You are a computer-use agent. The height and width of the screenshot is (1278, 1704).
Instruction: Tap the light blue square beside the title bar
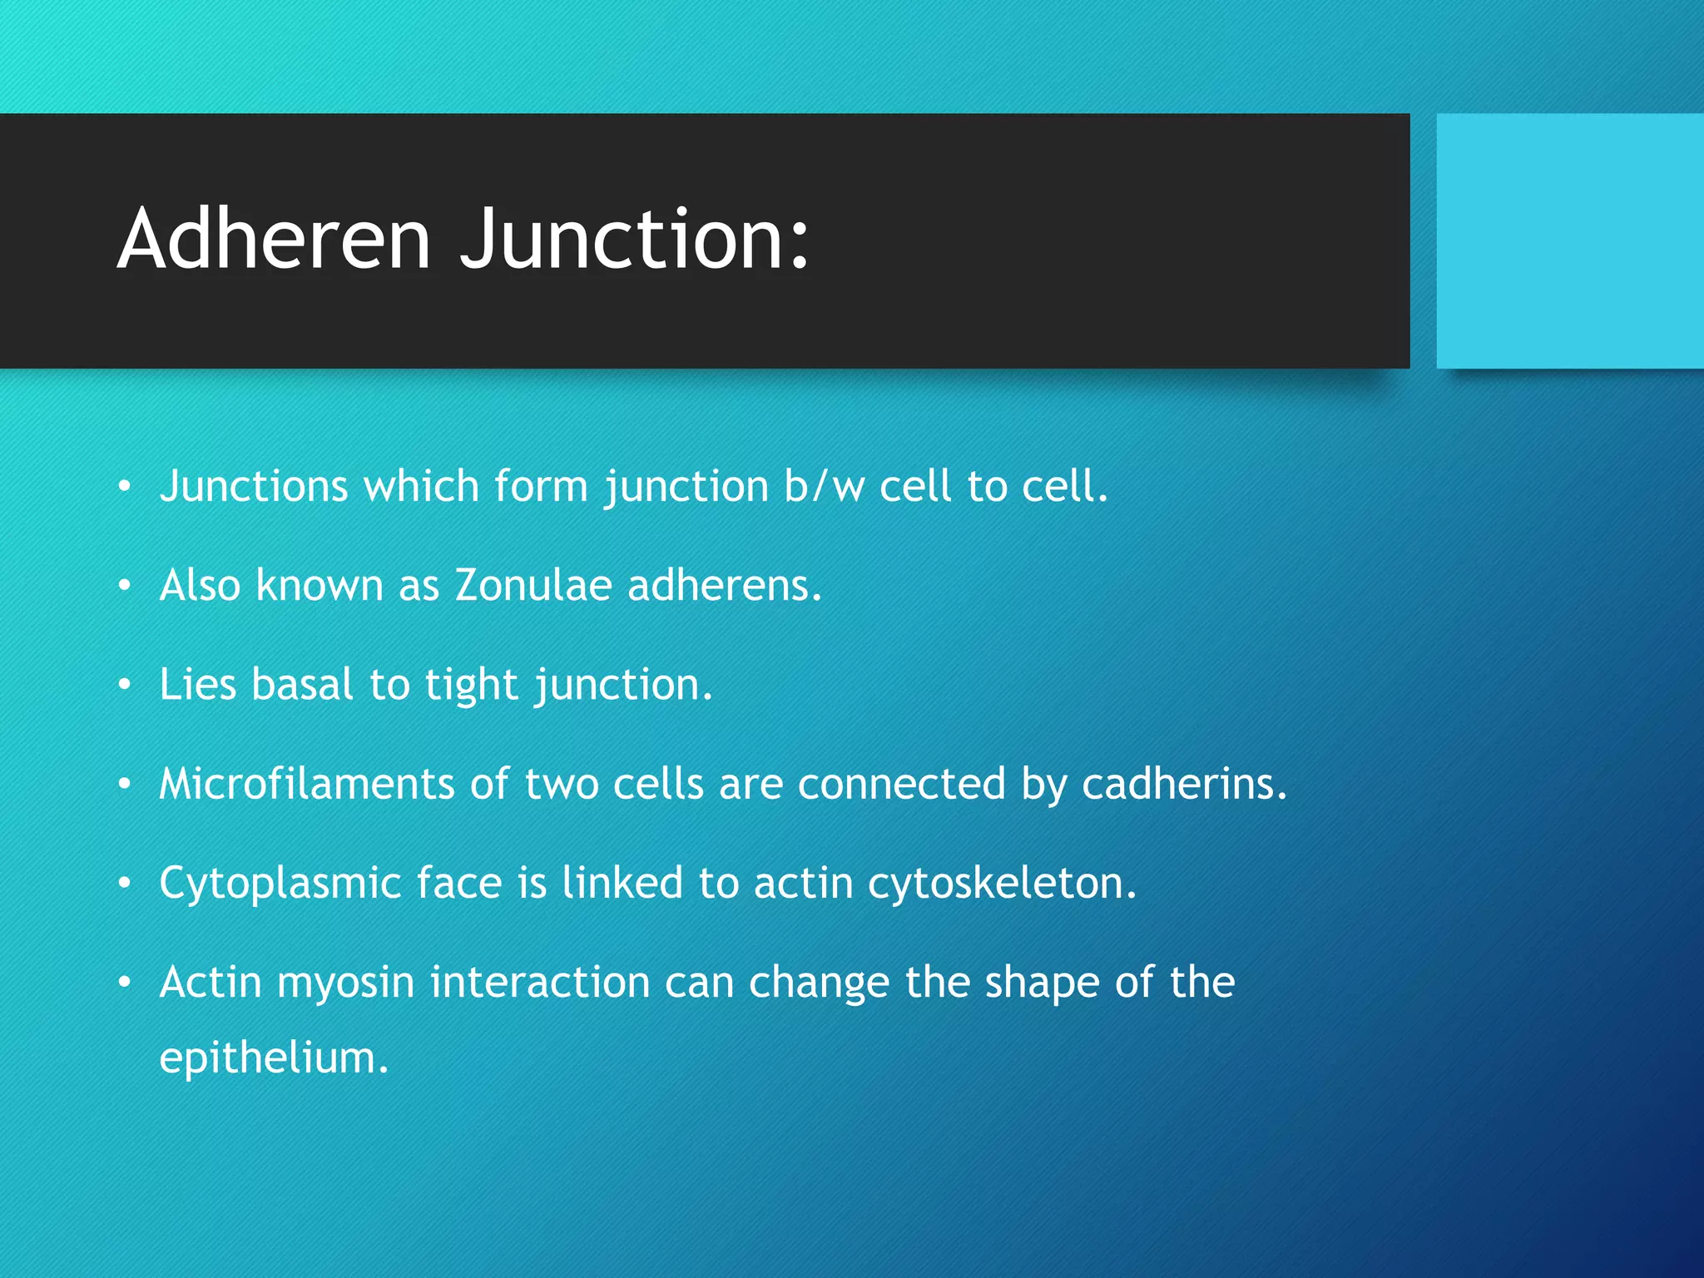pyautogui.click(x=1569, y=240)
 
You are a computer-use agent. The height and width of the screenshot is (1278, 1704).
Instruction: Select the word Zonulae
pyautogui.click(x=533, y=585)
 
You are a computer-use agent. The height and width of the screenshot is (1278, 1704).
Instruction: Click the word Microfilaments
pyautogui.click(x=306, y=784)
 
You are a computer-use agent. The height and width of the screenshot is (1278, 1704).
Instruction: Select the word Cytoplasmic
pyautogui.click(x=280, y=884)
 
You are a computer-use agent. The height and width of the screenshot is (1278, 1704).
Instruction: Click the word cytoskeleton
pyautogui.click(x=1002, y=883)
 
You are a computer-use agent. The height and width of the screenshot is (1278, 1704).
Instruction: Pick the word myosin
pyautogui.click(x=345, y=982)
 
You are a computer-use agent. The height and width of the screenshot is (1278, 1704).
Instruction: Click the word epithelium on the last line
pyautogui.click(x=274, y=1058)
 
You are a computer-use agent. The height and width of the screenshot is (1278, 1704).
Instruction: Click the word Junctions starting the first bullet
pyautogui.click(x=254, y=486)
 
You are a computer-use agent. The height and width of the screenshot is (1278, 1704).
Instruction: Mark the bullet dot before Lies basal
pyautogui.click(x=125, y=686)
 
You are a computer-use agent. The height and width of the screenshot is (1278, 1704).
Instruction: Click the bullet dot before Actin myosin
pyautogui.click(x=125, y=983)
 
